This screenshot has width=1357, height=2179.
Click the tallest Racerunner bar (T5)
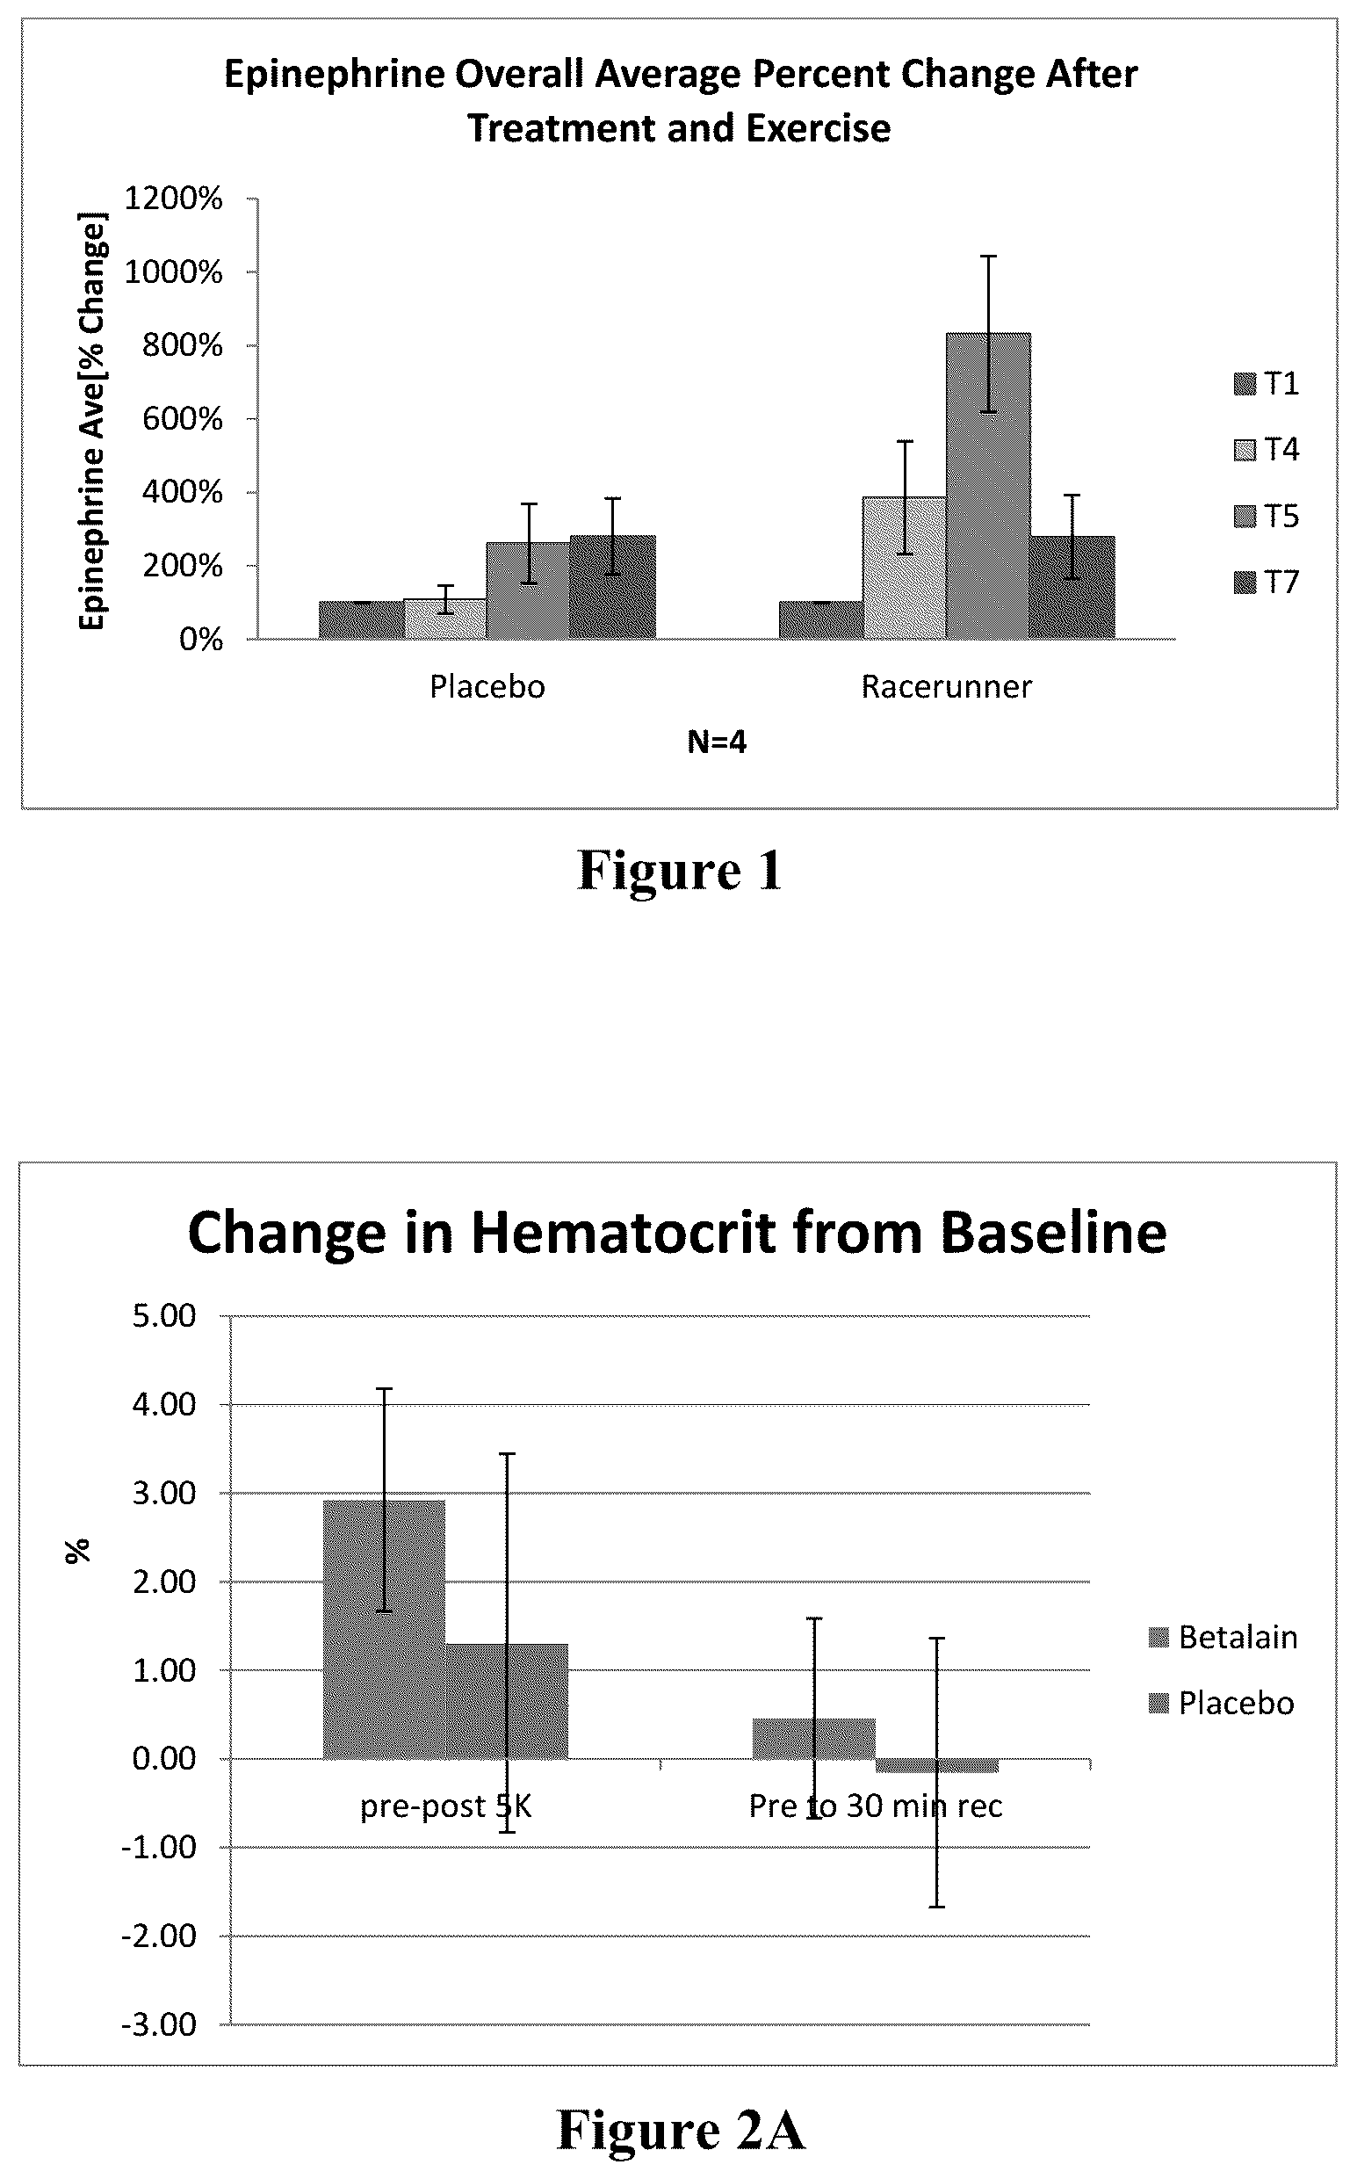(988, 486)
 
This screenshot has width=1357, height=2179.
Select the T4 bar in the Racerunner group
(905, 568)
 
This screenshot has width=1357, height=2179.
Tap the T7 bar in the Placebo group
(613, 587)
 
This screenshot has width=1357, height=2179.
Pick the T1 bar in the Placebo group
(361, 620)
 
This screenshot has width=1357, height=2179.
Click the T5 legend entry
(1267, 517)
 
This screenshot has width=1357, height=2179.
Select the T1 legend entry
(1267, 384)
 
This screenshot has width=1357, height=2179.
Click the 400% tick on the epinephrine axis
(182, 492)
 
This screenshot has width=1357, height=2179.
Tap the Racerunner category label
(947, 687)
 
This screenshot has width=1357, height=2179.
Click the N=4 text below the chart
(717, 742)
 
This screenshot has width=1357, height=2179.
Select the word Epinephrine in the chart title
(334, 76)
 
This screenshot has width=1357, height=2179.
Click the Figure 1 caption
(680, 870)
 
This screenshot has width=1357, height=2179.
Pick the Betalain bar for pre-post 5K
(384, 1629)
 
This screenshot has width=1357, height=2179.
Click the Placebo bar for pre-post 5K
(507, 1700)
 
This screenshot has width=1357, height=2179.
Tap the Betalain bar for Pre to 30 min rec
(814, 1738)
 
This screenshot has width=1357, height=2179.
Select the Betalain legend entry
(1223, 1638)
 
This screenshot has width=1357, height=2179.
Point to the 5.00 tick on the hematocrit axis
(164, 1316)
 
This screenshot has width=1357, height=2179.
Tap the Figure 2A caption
(682, 2129)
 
